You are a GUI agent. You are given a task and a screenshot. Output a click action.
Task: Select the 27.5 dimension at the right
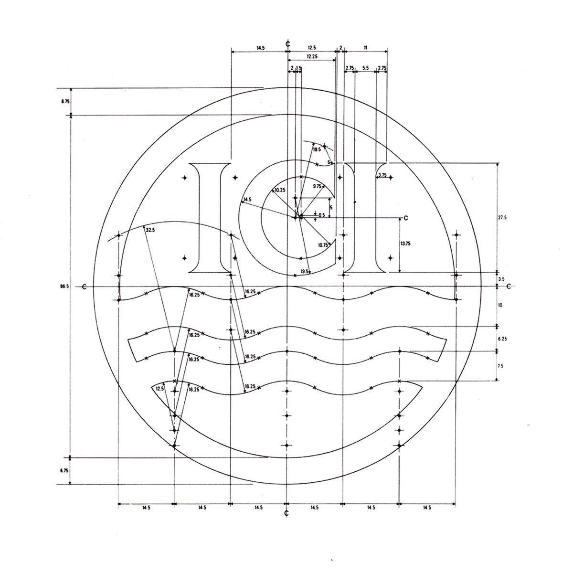point(501,217)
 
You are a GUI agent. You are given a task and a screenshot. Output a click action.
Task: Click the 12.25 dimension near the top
point(312,56)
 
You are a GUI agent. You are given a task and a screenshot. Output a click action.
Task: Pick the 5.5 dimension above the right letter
point(365,68)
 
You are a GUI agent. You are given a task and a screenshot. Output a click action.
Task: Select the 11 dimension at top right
point(365,48)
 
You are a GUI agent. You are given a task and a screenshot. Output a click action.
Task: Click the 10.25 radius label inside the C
point(280,190)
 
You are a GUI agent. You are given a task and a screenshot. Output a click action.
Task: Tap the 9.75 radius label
point(317,186)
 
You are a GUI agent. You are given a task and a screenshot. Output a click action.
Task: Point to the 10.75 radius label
point(323,245)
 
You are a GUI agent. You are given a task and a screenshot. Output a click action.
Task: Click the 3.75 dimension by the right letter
point(382,176)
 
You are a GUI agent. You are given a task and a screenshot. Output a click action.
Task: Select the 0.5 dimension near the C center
point(321,215)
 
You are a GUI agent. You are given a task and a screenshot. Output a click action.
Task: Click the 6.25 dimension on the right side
point(502,338)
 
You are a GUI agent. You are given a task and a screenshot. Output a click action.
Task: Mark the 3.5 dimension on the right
point(501,279)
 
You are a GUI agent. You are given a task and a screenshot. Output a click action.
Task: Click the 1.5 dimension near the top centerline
point(299,68)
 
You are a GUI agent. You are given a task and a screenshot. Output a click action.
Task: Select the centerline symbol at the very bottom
point(286,514)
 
